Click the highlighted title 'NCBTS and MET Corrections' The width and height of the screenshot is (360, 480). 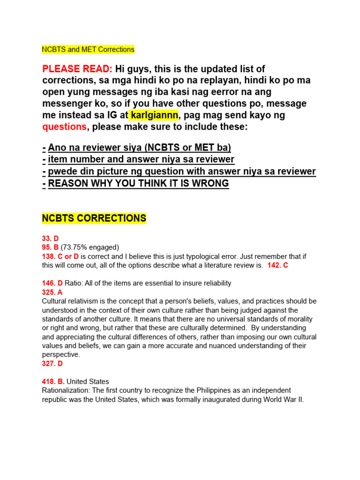click(88, 49)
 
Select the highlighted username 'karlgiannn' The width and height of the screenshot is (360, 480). click(153, 115)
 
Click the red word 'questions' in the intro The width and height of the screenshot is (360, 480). click(64, 127)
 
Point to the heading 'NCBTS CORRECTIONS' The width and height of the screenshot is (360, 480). click(94, 218)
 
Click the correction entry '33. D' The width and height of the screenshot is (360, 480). click(50, 238)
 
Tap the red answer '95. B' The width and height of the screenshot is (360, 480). click(50, 247)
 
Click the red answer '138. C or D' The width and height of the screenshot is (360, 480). click(60, 256)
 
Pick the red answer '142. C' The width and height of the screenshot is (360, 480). click(278, 265)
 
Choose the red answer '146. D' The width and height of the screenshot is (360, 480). click(52, 283)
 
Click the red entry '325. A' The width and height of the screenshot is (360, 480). click(52, 292)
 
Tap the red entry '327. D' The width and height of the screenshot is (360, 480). click(52, 363)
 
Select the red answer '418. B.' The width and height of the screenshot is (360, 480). click(53, 382)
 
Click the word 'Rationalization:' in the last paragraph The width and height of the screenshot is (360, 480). click(65, 390)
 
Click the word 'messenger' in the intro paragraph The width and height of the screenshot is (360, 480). click(66, 104)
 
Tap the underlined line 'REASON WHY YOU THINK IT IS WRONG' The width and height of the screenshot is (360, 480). click(138, 183)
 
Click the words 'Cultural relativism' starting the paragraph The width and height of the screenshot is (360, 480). click(71, 301)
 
